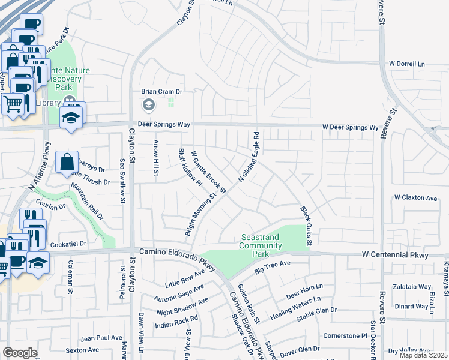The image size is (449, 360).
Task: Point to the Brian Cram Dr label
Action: point(161,92)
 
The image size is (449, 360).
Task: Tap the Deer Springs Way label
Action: point(164,124)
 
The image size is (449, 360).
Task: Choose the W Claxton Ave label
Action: point(415,197)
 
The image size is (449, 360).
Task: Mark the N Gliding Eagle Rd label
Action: point(249,157)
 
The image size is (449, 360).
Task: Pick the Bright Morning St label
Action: point(200,214)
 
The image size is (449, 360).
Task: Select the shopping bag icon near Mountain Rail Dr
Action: point(67,161)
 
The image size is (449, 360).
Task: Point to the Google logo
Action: point(20,353)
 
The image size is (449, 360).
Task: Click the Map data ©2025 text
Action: point(424,355)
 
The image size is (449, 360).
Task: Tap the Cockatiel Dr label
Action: point(68,245)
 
